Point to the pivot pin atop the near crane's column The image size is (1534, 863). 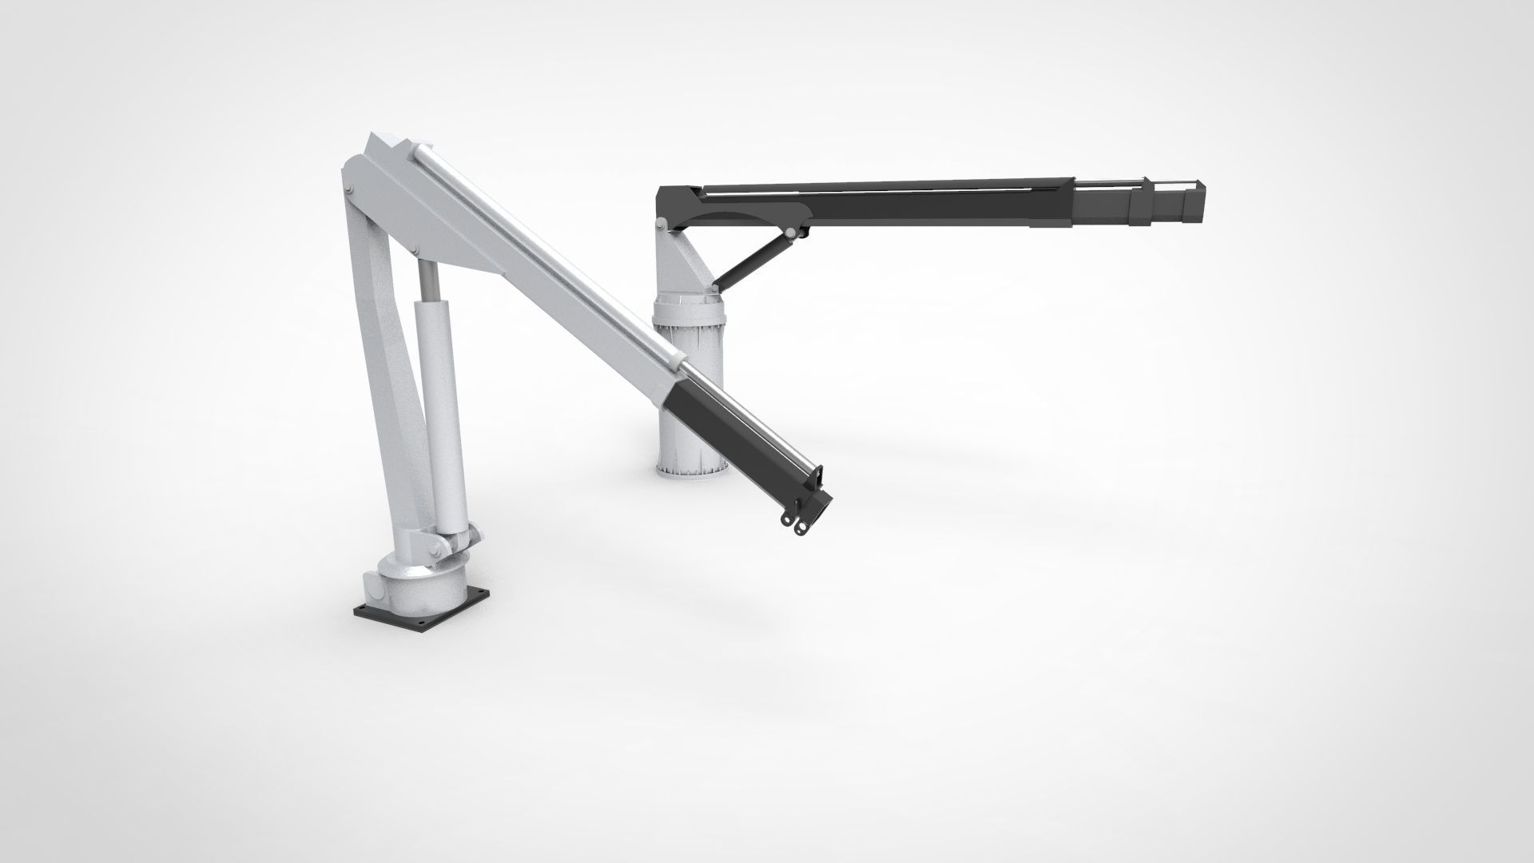(x=350, y=189)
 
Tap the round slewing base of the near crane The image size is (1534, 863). (x=415, y=583)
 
